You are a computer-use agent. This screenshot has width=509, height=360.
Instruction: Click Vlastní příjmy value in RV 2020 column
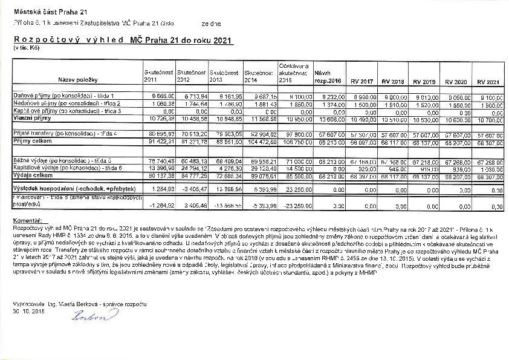pyautogui.click(x=457, y=119)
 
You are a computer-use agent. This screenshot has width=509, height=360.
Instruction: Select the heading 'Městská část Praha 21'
pyautogui.click(x=44, y=11)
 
